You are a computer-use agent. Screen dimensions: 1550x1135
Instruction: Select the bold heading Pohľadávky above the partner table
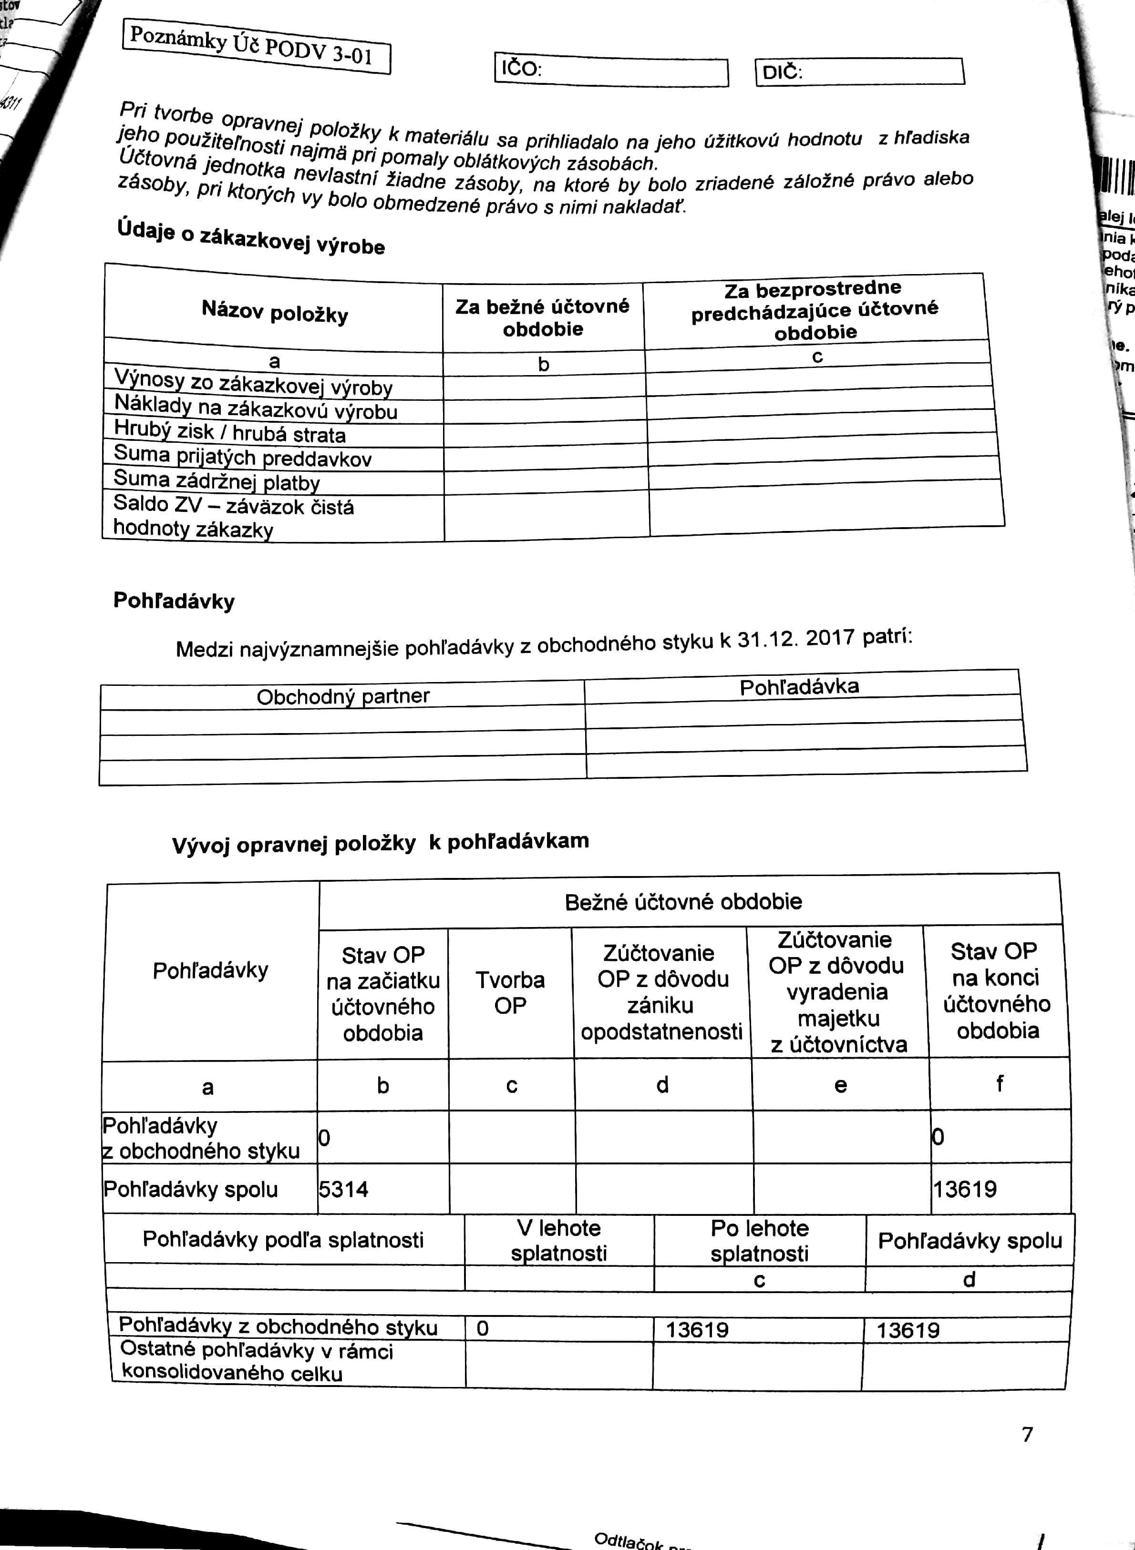tap(174, 601)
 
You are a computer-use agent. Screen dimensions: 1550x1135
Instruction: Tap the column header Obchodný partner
tap(343, 696)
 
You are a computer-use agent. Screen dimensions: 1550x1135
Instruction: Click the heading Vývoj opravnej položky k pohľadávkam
tap(380, 842)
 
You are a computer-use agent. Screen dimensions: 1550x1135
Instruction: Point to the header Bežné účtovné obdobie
tap(683, 901)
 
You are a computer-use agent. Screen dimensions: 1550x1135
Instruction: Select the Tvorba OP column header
tap(510, 992)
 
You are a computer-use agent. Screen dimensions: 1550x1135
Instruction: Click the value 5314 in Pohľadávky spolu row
tap(343, 1189)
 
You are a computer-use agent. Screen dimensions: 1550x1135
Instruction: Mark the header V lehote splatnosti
tap(558, 1240)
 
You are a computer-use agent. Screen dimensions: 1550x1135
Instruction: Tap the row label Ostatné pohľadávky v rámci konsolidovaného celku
tap(256, 1362)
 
